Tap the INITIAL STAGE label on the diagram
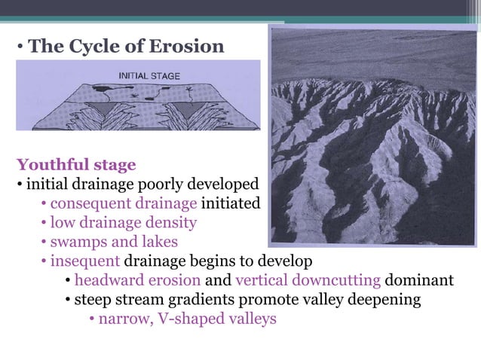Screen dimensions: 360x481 point(147,75)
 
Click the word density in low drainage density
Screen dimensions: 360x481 point(170,223)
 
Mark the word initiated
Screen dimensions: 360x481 point(231,203)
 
